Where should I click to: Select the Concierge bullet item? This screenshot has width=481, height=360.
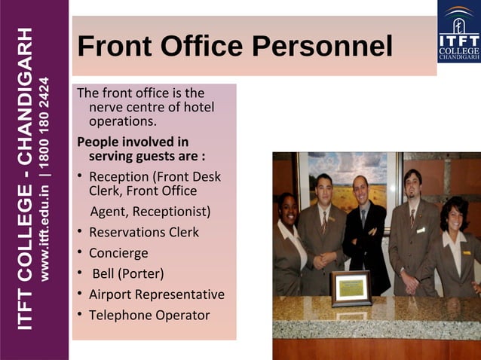point(118,253)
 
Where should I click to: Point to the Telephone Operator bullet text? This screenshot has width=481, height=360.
point(149,315)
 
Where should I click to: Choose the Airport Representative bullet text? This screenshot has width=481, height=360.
point(156,294)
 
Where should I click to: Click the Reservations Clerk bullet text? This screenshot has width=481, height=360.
point(144,232)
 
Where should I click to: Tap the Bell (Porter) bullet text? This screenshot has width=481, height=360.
point(127,273)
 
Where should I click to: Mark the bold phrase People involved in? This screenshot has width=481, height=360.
point(133,142)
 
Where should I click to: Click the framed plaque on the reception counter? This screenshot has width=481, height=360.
point(350,288)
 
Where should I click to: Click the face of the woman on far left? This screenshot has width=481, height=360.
point(288,206)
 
